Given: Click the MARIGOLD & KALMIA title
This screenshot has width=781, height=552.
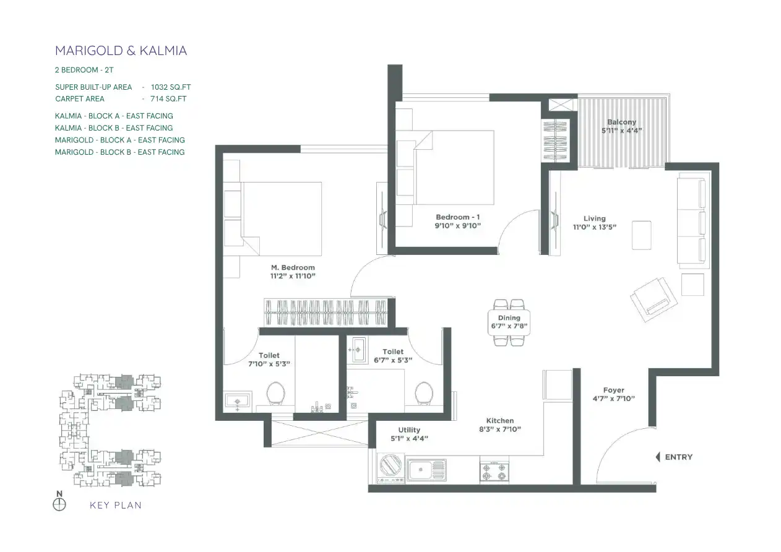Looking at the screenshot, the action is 121,51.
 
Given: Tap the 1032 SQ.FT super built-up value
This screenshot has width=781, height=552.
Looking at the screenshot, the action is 171,87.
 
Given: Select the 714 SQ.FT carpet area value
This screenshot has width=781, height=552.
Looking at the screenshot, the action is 168,99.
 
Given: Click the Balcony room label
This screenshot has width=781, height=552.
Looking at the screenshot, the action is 622,122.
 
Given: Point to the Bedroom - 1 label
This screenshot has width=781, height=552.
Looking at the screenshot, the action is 458,217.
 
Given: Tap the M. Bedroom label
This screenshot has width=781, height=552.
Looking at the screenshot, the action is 293,267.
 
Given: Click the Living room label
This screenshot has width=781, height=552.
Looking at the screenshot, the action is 595,218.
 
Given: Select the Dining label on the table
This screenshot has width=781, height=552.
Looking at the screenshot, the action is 509,317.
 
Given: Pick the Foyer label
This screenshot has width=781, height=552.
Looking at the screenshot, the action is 614,390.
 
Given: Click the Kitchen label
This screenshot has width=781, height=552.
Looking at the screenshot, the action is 500,421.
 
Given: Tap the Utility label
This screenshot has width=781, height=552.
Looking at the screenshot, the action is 409,430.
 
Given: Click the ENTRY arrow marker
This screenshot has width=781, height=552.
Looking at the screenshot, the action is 658,457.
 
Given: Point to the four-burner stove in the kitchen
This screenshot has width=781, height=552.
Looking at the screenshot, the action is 494,472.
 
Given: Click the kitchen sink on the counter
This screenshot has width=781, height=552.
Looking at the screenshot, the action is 426,470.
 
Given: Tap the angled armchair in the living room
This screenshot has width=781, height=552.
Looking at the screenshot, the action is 654,299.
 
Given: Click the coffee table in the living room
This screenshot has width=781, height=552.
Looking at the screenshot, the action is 642,235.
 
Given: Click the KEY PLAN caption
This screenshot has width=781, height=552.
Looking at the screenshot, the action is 116,505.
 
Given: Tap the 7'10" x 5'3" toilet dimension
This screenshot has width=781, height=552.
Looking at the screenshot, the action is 269,364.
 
